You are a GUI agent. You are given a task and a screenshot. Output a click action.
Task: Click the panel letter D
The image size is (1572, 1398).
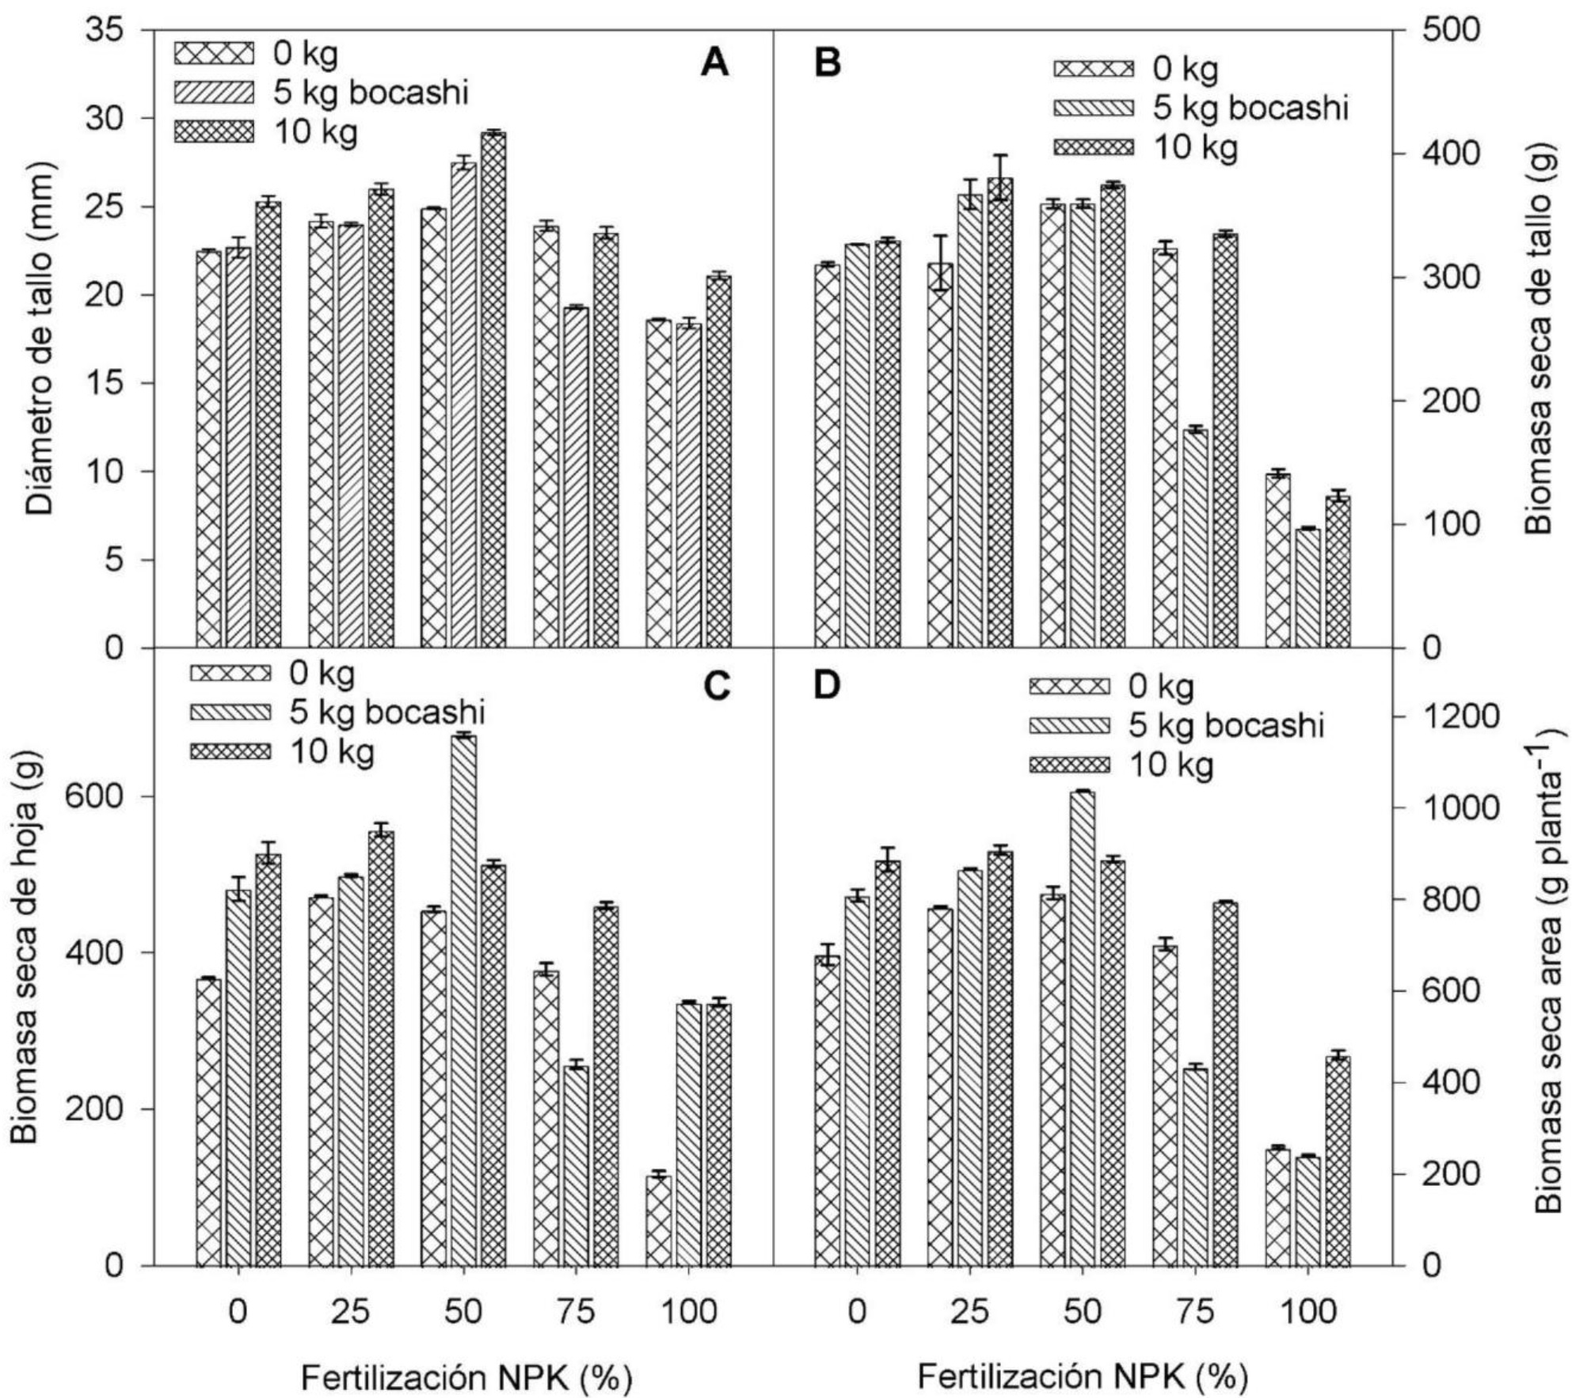point(828,686)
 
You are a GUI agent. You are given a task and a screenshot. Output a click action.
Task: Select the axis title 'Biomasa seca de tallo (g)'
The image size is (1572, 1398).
point(1538,339)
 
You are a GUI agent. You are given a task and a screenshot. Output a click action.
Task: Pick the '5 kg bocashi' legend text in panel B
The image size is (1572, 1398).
point(1250,108)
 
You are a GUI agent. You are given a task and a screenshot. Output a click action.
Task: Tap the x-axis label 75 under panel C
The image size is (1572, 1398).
point(576,1312)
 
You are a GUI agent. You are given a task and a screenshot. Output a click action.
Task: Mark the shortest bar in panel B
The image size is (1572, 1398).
point(1307,587)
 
